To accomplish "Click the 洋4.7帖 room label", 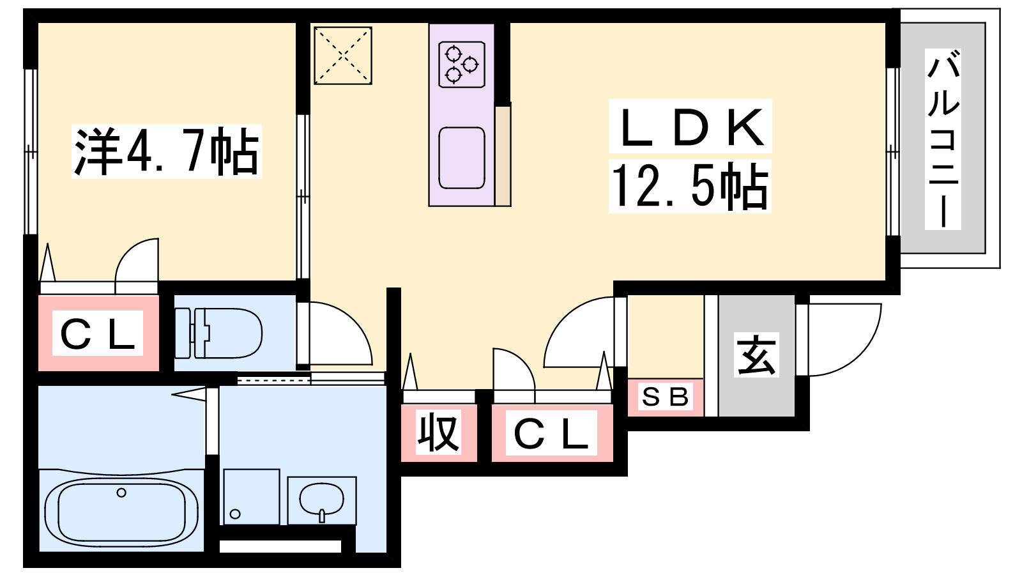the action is pyautogui.click(x=167, y=151).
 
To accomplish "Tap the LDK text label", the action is pyautogui.click(x=690, y=126).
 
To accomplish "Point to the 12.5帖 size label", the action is pyautogui.click(x=689, y=186).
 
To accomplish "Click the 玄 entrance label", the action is pyautogui.click(x=756, y=355).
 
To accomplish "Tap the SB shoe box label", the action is pyautogui.click(x=665, y=397).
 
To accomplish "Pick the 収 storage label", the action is pyautogui.click(x=438, y=432).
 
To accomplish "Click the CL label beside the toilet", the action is pyautogui.click(x=98, y=333).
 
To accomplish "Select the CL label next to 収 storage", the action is pyautogui.click(x=551, y=433).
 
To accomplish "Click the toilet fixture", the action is pyautogui.click(x=219, y=333).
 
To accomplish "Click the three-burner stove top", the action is pyautogui.click(x=461, y=65).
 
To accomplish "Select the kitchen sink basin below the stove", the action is pyautogui.click(x=461, y=158).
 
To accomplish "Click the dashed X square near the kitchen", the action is pyautogui.click(x=342, y=55).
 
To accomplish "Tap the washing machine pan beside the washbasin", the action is pyautogui.click(x=251, y=496).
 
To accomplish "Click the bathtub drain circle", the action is pyautogui.click(x=121, y=493).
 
